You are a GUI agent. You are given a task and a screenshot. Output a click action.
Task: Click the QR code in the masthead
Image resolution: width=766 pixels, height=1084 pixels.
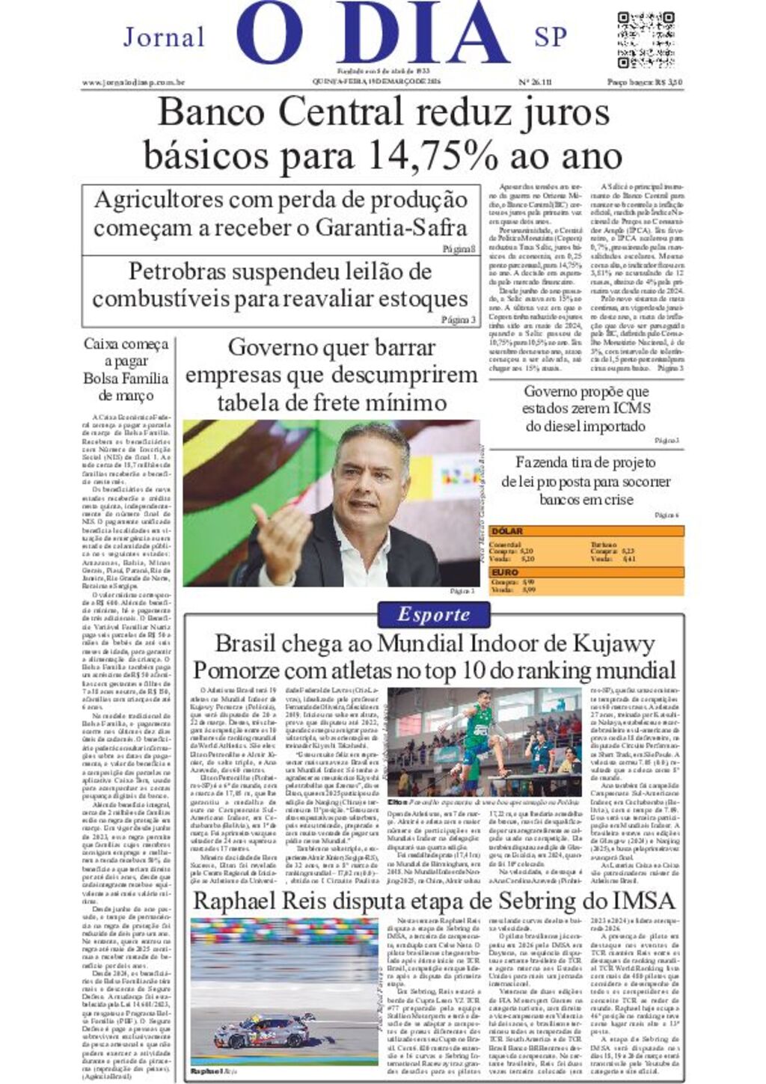pos(646,39)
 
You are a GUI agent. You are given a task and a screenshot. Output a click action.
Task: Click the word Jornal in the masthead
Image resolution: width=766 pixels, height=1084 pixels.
pos(164,37)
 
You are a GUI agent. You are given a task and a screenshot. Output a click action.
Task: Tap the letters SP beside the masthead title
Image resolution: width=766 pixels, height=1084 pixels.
pos(551,37)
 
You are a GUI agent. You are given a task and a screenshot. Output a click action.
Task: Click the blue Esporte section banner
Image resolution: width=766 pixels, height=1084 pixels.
pos(434,615)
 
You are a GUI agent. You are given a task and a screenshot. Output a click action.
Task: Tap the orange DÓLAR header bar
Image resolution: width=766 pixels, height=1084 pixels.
pos(586,531)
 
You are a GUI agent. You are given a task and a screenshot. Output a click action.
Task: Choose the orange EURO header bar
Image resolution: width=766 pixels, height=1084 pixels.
pos(586,572)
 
